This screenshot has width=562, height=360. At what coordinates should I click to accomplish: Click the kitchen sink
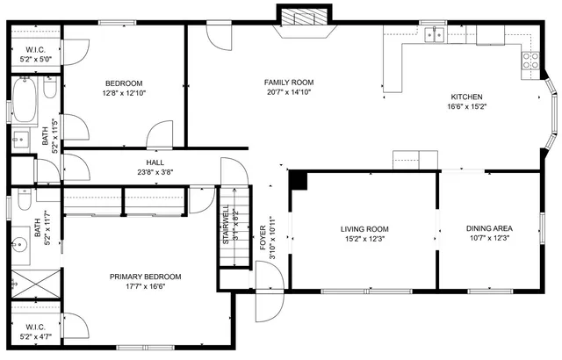[433, 34]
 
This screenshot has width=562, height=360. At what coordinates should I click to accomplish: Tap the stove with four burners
[531, 60]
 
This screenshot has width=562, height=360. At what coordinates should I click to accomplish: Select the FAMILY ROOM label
[289, 83]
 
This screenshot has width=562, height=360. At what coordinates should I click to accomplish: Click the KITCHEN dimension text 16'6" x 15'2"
[466, 107]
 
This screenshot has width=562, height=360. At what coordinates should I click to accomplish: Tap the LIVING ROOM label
[364, 229]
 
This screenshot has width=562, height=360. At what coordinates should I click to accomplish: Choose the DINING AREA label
[489, 229]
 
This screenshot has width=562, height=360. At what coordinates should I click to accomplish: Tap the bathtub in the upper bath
[25, 101]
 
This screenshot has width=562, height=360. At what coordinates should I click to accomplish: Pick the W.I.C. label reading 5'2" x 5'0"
[36, 54]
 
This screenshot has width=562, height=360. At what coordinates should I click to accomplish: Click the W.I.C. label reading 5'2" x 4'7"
[35, 330]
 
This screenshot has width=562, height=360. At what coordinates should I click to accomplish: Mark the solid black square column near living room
[299, 179]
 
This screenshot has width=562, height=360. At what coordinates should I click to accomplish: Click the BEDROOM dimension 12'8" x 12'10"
[124, 91]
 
